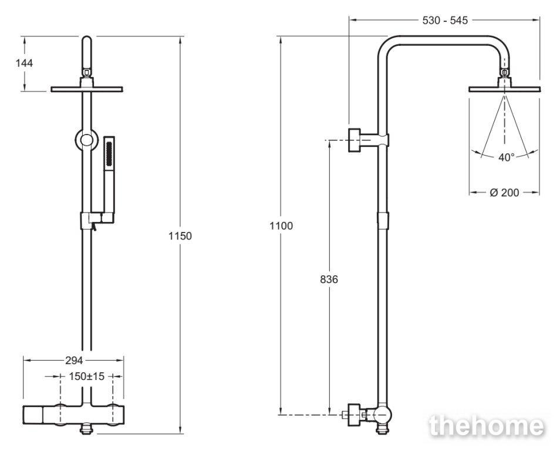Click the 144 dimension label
click(x=24, y=63)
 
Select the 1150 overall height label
click(x=180, y=235)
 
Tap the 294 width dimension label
click(x=74, y=361)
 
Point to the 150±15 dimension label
click(x=87, y=376)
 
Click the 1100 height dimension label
click(x=281, y=225)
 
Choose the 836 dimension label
click(x=329, y=280)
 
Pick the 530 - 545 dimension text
click(x=445, y=20)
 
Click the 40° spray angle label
click(x=506, y=157)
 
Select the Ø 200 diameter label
click(x=504, y=192)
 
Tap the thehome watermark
click(x=487, y=426)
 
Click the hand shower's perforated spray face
click(x=109, y=153)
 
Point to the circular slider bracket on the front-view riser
click(x=86, y=140)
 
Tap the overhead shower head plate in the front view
click(x=87, y=89)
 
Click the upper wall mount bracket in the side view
click(x=369, y=140)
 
